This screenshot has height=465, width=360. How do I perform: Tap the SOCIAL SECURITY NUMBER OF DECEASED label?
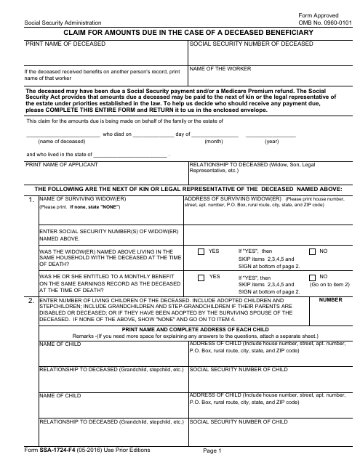click(x=251, y=44)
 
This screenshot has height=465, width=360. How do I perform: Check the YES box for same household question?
click(x=201, y=251)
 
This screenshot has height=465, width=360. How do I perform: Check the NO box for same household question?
click(x=313, y=251)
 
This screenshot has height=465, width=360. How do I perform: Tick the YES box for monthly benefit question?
click(x=201, y=277)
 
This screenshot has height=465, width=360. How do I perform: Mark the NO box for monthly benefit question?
click(x=313, y=277)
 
